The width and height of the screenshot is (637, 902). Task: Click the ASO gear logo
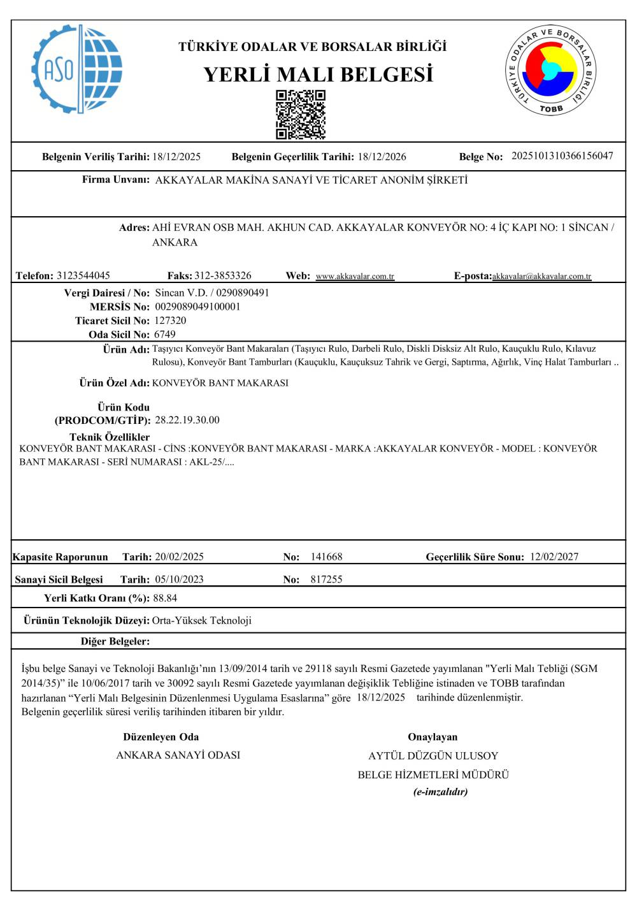click(76, 69)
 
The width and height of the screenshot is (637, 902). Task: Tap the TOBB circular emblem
click(552, 70)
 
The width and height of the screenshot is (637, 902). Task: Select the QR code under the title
click(301, 114)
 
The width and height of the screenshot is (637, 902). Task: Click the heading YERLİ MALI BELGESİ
click(318, 75)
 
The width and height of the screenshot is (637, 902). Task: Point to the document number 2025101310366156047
click(562, 156)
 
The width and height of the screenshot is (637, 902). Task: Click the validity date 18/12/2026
click(382, 157)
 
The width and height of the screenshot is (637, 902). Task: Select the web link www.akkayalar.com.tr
click(355, 277)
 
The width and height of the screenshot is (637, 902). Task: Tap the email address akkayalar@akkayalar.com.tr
click(541, 277)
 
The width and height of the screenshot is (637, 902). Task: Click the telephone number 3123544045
click(83, 276)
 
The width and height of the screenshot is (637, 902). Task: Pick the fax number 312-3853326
click(223, 276)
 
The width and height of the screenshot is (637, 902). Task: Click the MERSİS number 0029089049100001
click(198, 307)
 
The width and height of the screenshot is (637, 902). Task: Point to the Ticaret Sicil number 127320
click(170, 321)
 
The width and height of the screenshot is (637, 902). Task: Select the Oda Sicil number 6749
click(165, 335)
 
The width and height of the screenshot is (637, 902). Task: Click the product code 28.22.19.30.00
click(187, 420)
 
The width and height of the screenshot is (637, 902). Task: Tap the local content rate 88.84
click(165, 599)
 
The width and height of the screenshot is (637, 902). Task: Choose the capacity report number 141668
click(326, 557)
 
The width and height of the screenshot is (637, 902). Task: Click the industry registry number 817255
click(326, 579)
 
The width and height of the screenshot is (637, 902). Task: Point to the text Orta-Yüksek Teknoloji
click(202, 621)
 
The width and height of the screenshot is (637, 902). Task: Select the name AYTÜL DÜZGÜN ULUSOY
click(433, 756)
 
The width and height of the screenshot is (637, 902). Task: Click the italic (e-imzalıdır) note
click(441, 792)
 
